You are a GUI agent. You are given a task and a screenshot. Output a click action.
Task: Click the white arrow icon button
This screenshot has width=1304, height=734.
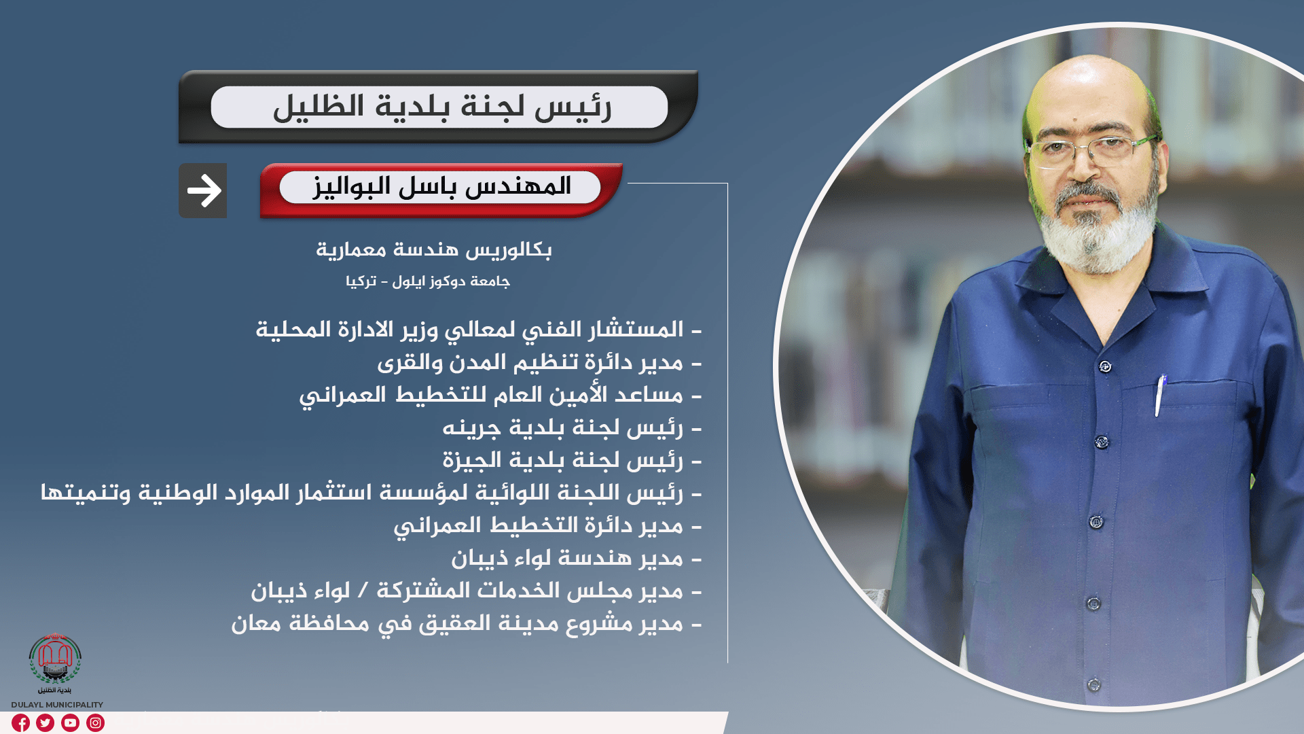coord(203,190)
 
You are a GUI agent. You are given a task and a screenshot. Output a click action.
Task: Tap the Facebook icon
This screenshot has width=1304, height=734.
coord(20,722)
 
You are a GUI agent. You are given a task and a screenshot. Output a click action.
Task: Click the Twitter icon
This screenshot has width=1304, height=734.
coord(46,722)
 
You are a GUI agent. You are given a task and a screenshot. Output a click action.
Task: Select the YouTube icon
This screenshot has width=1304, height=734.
coord(71,722)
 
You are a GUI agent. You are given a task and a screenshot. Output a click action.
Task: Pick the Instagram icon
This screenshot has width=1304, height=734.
coord(96,722)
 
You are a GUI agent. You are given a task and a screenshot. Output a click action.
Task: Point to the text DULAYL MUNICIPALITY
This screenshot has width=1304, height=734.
coord(57,705)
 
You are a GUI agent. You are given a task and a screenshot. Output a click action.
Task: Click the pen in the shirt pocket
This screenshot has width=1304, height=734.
coord(1160,396)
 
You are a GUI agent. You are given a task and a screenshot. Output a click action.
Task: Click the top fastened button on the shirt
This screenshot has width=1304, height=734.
coord(1105,366)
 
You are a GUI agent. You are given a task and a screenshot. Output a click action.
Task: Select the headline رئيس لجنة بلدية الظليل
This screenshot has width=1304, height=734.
coord(442,107)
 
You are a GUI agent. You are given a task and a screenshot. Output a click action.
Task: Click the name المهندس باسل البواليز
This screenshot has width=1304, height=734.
coord(442,186)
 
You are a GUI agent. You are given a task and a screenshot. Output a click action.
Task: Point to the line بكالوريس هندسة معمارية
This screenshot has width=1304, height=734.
coord(434,250)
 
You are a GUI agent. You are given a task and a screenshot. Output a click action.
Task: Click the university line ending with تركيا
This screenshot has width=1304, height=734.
coord(428,281)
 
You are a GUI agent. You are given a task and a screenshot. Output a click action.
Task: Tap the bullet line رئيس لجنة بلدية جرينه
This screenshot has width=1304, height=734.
coord(572,428)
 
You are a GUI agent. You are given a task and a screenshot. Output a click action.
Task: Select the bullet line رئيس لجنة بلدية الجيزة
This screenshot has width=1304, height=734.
coord(572,461)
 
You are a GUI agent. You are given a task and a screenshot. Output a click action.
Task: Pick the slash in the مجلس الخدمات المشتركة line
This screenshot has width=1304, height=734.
coord(363,591)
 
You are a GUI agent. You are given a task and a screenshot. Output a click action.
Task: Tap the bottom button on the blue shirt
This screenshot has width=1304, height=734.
coord(1093,684)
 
